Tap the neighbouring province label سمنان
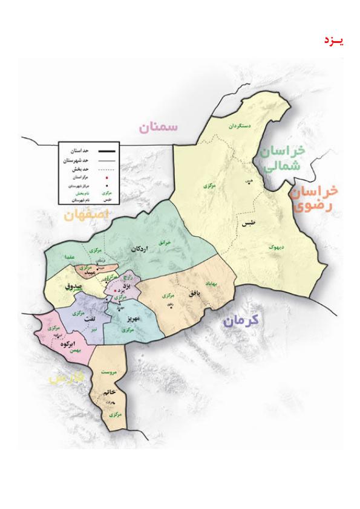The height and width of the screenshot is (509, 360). [x=159, y=127]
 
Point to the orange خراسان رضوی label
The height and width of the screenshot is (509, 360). [x=312, y=198]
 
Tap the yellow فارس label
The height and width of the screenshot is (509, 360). [x=67, y=378]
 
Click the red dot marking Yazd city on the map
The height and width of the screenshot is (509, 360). [x=116, y=290]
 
